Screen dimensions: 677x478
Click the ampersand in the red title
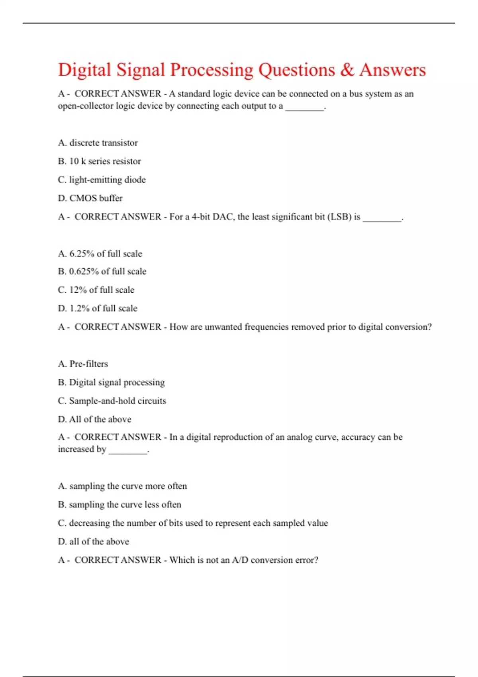coord(347,70)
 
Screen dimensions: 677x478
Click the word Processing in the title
coord(212,70)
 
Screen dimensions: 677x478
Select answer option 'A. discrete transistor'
coord(98,143)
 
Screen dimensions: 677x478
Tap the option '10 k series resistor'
coord(99,161)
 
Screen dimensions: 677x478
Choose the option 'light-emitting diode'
coord(102,180)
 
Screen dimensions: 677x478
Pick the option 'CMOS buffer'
coord(90,198)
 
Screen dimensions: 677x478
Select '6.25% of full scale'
coord(100,254)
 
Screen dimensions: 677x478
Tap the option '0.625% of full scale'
coord(102,271)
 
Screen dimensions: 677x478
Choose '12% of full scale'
coord(96,290)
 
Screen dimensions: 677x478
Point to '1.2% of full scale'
coord(98,308)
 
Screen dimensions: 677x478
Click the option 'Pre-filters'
coord(83,364)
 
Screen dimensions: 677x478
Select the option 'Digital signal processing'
coord(111,382)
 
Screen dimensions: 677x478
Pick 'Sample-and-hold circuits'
coord(112,401)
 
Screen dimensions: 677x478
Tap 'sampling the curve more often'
coord(122,486)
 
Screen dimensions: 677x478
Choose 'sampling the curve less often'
coord(119,505)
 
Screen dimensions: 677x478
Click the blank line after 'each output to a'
coord(305,108)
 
